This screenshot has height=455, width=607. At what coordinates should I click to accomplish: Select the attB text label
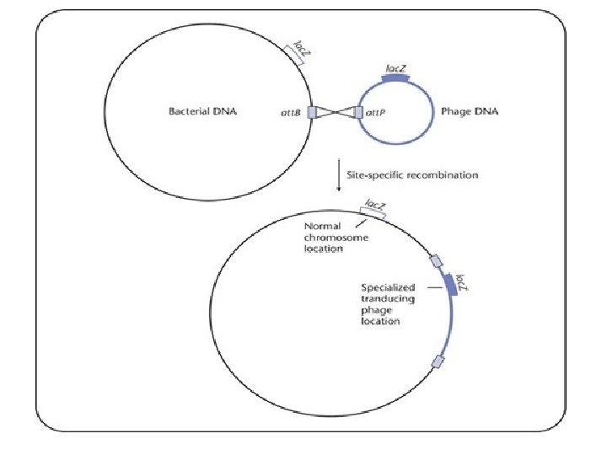coord(291,112)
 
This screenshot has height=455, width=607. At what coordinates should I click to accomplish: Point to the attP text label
coord(376,112)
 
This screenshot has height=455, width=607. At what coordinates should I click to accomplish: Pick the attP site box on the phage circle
coord(358,112)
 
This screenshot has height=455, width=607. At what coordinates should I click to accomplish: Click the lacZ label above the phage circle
coord(397,66)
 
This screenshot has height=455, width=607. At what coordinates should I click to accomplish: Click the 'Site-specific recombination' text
coord(413,175)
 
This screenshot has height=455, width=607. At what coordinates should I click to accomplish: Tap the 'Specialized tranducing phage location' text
coord(388,304)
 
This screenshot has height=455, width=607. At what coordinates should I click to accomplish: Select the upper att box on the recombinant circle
coord(434,261)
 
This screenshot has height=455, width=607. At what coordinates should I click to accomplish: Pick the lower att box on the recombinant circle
coord(437,362)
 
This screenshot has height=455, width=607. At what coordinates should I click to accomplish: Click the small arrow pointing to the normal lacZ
coord(360,223)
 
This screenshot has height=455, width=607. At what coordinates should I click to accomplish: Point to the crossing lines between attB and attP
coord(335,112)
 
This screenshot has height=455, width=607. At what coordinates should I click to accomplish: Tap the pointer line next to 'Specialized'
coord(433,288)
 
